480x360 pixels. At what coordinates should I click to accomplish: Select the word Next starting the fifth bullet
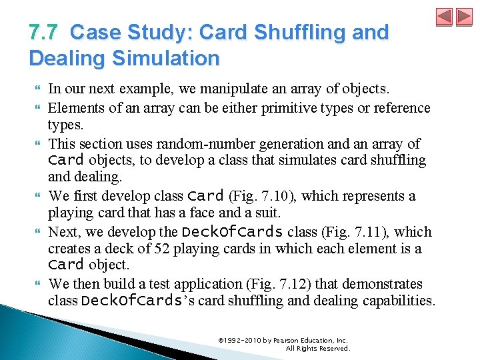(x=63, y=232)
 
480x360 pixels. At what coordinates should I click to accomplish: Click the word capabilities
(x=398, y=301)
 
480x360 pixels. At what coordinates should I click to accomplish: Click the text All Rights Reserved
(x=317, y=348)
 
